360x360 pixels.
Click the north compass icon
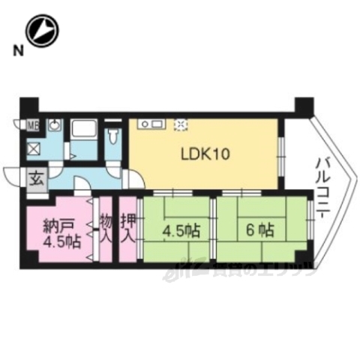[43, 31]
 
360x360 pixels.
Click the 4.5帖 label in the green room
[179, 229]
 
